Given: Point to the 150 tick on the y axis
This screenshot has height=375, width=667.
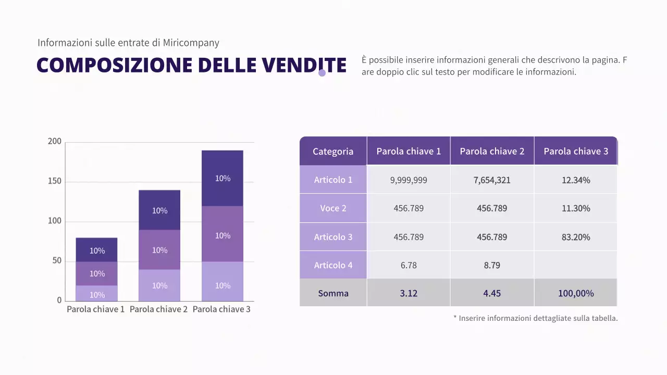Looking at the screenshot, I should click(x=55, y=181).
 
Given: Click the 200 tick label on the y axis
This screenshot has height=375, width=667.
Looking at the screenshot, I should click(x=55, y=142).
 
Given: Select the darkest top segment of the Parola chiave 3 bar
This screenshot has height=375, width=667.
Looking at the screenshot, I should click(x=223, y=178).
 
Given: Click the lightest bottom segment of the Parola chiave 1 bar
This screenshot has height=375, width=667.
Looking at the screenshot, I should click(x=97, y=294).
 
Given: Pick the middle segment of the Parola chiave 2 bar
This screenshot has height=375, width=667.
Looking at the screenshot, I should click(x=159, y=250).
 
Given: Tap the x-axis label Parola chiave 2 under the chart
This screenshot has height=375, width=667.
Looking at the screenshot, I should click(x=158, y=309).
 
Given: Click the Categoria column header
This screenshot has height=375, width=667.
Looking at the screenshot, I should click(x=333, y=152).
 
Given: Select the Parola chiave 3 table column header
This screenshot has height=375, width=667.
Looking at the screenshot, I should click(x=576, y=152).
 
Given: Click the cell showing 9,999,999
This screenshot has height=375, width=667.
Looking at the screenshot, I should click(x=409, y=180).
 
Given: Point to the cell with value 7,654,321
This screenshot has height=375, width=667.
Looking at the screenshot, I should click(x=492, y=180).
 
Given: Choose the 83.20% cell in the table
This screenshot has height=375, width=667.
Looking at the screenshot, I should click(x=576, y=237).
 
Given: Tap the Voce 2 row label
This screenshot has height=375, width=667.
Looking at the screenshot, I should click(x=333, y=208).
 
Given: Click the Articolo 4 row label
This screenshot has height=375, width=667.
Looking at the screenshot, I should click(x=333, y=265).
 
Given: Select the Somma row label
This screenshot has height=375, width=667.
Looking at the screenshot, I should click(x=333, y=293).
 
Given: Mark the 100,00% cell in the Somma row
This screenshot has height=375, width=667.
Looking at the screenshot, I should click(x=576, y=293).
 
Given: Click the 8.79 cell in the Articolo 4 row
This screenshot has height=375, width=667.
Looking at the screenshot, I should click(x=492, y=265).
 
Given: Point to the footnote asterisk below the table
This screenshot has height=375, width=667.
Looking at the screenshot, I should click(x=455, y=318).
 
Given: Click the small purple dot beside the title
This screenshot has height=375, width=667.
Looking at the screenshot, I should click(x=322, y=73).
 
